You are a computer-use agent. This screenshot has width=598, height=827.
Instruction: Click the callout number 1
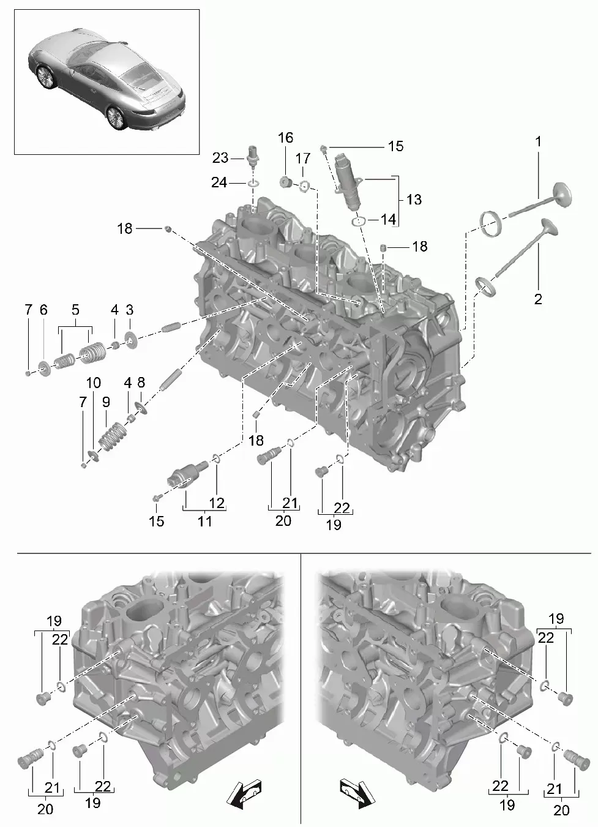pyautogui.click(x=538, y=141)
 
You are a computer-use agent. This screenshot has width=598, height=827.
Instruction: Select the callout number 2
pyautogui.click(x=538, y=299)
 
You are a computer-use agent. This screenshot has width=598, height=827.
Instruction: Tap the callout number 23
pyautogui.click(x=220, y=158)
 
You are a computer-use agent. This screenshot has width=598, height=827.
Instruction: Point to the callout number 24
pyautogui.click(x=219, y=182)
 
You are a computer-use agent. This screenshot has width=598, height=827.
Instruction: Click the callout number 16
pyautogui.click(x=285, y=138)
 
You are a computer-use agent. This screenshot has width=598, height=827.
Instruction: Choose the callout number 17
pyautogui.click(x=303, y=159)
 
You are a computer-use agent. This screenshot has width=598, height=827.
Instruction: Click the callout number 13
pyautogui.click(x=414, y=200)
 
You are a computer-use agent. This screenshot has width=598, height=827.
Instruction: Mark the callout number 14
pyautogui.click(x=388, y=219)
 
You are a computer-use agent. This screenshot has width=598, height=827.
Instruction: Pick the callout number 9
pyautogui.click(x=107, y=402)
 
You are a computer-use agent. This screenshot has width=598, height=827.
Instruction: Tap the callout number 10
pyautogui.click(x=94, y=383)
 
